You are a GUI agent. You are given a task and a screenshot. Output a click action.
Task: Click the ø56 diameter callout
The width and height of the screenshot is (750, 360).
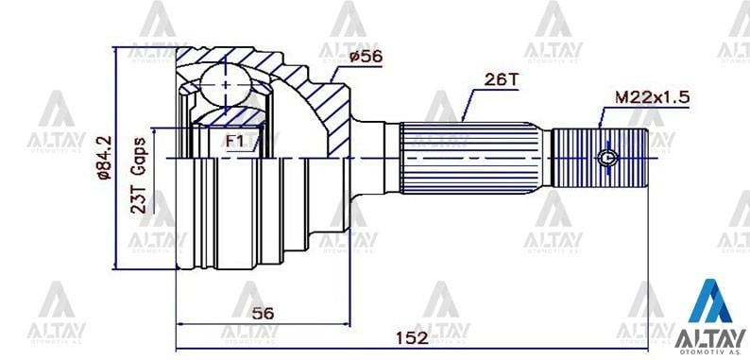pyautogui.click(x=366, y=57)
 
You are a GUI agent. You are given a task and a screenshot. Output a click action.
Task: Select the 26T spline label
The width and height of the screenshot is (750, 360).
pyautogui.click(x=501, y=80)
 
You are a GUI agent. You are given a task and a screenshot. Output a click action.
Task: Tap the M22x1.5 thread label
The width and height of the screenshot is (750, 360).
pyautogui.click(x=652, y=97)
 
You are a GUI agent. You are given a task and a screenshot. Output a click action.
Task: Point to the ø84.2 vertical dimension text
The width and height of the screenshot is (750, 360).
pyautogui.click(x=104, y=158)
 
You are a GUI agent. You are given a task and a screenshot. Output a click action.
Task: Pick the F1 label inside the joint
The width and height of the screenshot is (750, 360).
pyautogui.click(x=235, y=141)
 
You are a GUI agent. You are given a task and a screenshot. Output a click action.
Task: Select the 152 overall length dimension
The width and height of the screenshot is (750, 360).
pyautogui.click(x=412, y=338)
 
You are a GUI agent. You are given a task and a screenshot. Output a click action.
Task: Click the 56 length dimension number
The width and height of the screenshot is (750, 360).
pyautogui.click(x=264, y=314)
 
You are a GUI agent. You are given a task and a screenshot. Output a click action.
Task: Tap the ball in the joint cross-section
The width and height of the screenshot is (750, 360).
pyautogui.click(x=225, y=84)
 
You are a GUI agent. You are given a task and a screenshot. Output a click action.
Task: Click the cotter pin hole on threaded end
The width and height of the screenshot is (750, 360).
pyautogui.click(x=607, y=157)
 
